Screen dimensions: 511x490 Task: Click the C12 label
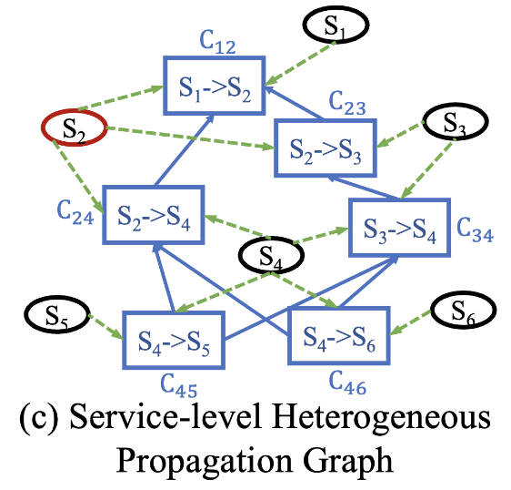point(217,42)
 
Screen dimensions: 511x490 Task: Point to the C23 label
point(347,103)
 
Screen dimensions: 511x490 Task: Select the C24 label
point(75,212)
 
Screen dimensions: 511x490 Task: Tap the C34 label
point(476,230)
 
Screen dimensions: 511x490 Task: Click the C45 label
point(179,385)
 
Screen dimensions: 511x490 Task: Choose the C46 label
point(347,383)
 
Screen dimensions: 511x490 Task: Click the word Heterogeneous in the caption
point(382,418)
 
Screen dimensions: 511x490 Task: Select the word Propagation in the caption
point(205,462)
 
